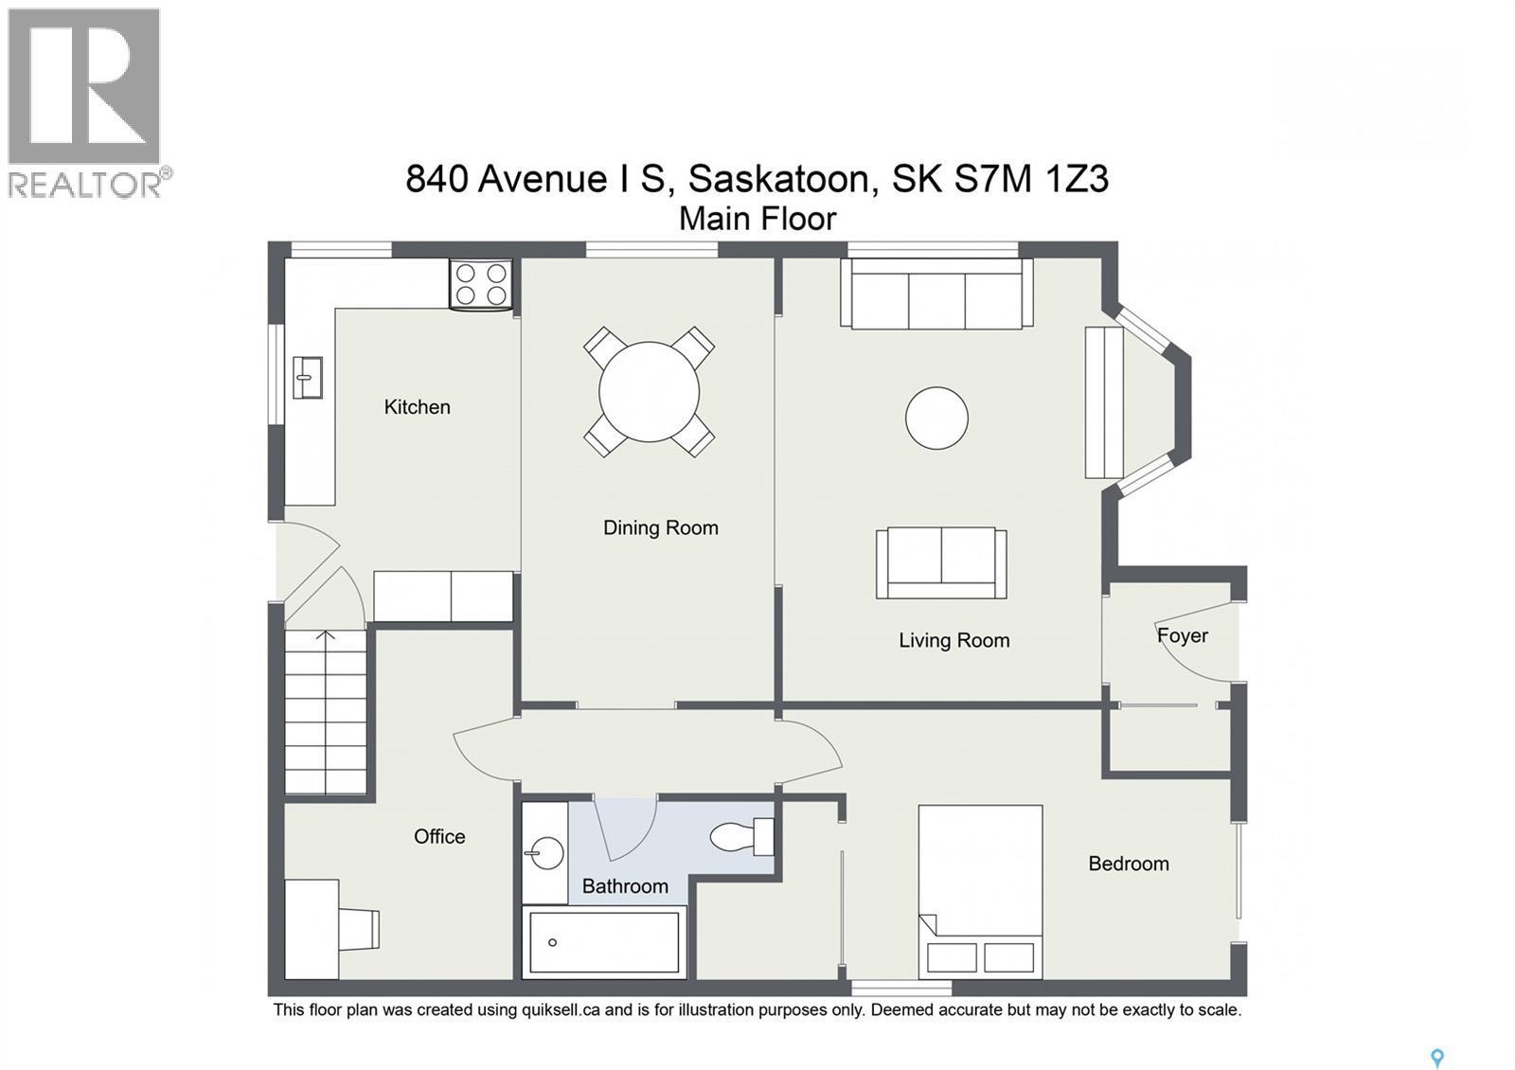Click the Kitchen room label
click(x=417, y=407)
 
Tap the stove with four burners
click(x=480, y=284)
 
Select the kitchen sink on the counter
click(x=307, y=377)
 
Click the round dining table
click(x=649, y=391)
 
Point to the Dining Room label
click(x=660, y=528)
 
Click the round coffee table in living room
click(x=936, y=418)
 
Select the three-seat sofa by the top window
click(x=936, y=294)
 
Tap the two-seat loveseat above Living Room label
click(x=941, y=562)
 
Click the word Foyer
click(x=1182, y=635)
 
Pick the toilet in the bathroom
click(x=742, y=837)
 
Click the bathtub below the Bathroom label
click(x=604, y=942)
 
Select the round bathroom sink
click(x=544, y=851)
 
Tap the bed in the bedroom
click(x=980, y=890)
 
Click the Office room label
click(x=439, y=837)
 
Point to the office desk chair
click(x=360, y=929)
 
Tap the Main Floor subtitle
click(x=757, y=219)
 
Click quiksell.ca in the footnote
click(x=560, y=1010)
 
